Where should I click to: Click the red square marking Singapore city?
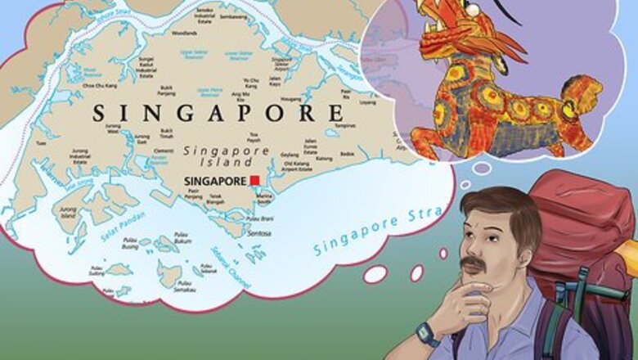(254, 180)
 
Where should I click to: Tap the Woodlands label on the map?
(184, 34)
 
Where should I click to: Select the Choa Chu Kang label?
(99, 85)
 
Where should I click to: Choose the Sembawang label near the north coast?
(233, 16)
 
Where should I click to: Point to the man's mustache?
(474, 264)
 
